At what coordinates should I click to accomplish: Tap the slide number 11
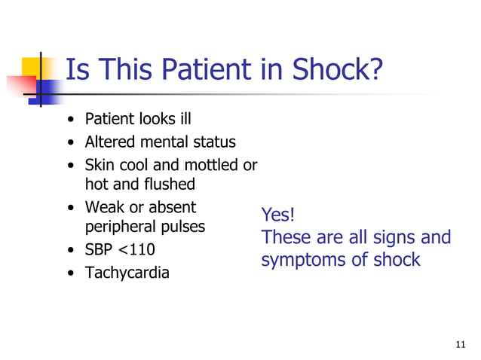pyautogui.click(x=461, y=345)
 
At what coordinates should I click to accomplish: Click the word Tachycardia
pyautogui.click(x=127, y=273)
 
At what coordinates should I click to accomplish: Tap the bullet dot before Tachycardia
pyautogui.click(x=70, y=273)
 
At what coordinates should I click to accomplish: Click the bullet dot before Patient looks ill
pyautogui.click(x=70, y=120)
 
